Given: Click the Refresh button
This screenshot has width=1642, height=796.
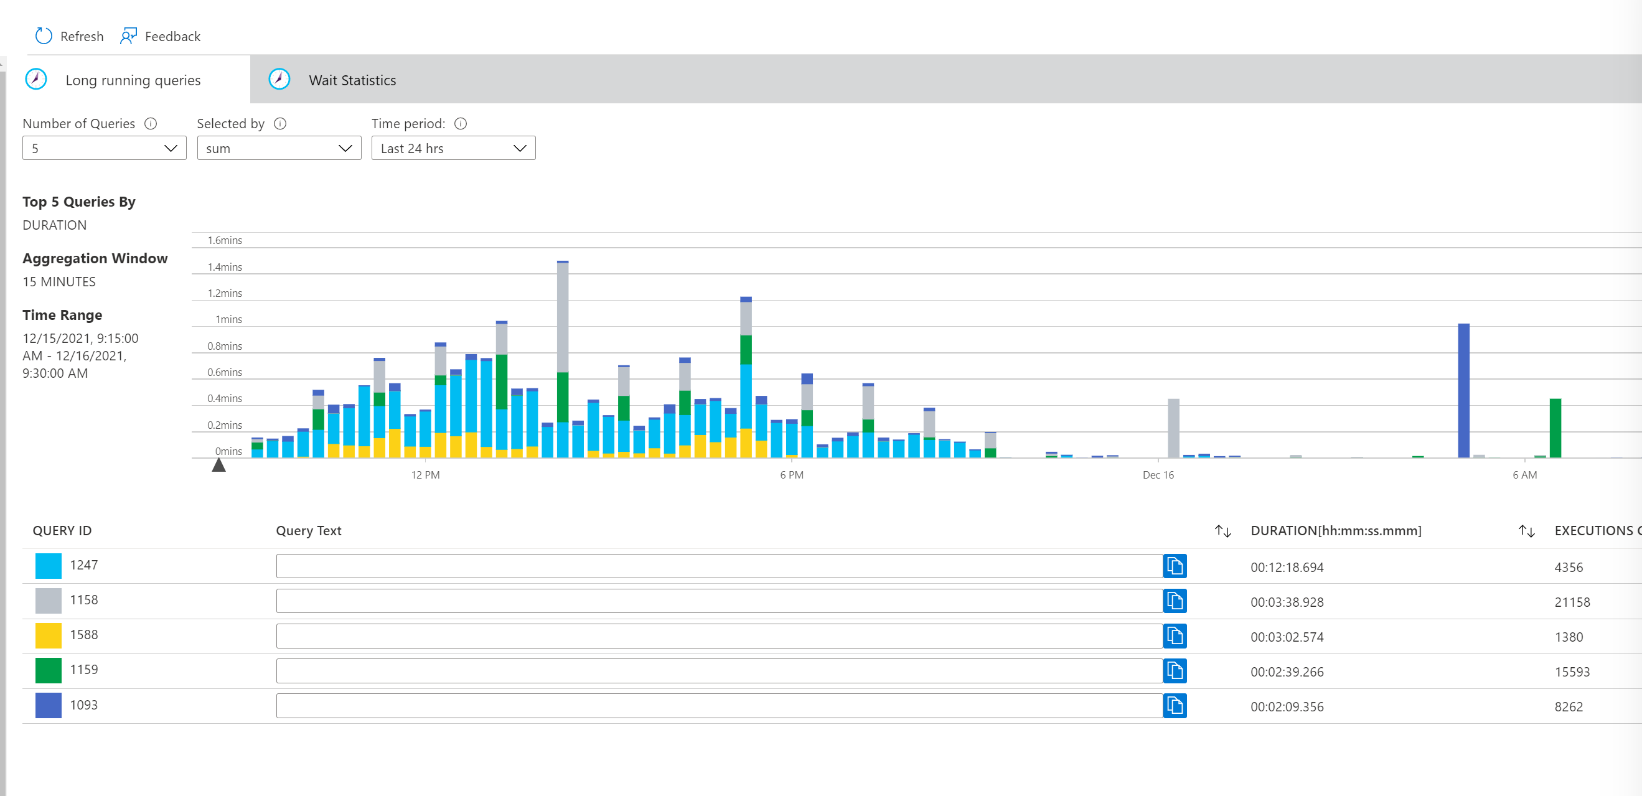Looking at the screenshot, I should pyautogui.click(x=69, y=36).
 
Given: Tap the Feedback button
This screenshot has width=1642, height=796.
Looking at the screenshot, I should pyautogui.click(x=160, y=36).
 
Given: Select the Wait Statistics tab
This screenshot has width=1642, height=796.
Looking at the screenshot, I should pyautogui.click(x=352, y=80).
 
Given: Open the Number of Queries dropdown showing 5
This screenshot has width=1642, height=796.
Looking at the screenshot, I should pyautogui.click(x=104, y=149).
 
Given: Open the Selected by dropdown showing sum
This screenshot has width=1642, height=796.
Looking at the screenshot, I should pyautogui.click(x=279, y=149).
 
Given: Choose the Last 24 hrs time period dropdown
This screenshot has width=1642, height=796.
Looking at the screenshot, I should pyautogui.click(x=453, y=149).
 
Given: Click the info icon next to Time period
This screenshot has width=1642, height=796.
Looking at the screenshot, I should pyautogui.click(x=460, y=124).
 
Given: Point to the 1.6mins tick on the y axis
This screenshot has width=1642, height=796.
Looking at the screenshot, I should pyautogui.click(x=224, y=240).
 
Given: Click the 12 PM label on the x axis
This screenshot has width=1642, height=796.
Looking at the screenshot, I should pyautogui.click(x=425, y=475).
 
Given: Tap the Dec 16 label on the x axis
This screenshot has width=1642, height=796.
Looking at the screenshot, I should pyautogui.click(x=1158, y=475).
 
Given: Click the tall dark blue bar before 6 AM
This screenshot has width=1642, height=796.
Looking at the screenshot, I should pyautogui.click(x=1463, y=390).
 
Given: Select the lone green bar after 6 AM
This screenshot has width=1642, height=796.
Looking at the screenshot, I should pyautogui.click(x=1555, y=428).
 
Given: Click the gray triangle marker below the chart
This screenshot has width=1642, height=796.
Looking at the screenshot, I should pyautogui.click(x=218, y=466).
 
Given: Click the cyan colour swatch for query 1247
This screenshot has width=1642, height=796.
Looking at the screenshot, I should pyautogui.click(x=49, y=566).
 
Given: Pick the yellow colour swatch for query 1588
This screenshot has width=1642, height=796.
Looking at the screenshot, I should pyautogui.click(x=49, y=635).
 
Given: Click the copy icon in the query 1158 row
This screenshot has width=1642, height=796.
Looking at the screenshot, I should pyautogui.click(x=1174, y=601).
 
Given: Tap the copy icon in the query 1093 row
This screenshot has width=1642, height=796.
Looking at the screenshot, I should pyautogui.click(x=1174, y=706).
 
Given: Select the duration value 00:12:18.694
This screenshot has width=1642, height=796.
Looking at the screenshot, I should pyautogui.click(x=1287, y=567).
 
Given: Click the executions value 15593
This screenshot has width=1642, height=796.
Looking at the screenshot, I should pyautogui.click(x=1571, y=672).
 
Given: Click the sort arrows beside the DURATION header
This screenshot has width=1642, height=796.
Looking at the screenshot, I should pyautogui.click(x=1222, y=531).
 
